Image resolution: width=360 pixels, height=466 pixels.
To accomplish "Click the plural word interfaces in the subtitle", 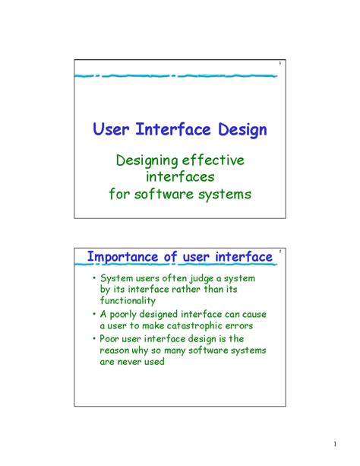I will tap(180, 176).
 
